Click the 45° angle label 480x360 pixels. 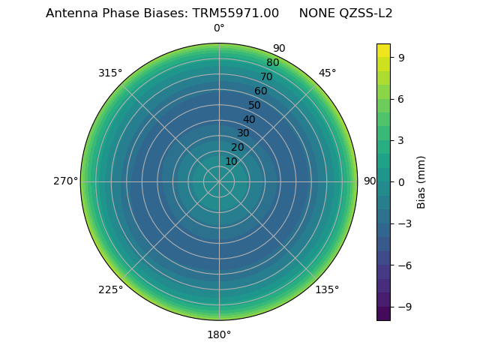tap(327, 73)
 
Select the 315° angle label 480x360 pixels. tap(110, 73)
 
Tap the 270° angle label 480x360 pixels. tap(66, 181)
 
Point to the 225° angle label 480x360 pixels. tap(110, 290)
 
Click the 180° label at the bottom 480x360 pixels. tap(219, 334)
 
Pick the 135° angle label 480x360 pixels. tap(327, 290)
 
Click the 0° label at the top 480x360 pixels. tap(219, 28)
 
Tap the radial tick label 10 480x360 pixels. tap(231, 161)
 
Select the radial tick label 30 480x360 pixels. tap(243, 133)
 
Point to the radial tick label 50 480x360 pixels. tap(255, 105)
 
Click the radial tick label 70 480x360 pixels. tap(266, 76)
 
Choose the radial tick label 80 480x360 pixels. tap(272, 63)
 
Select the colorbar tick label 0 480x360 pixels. tap(401, 181)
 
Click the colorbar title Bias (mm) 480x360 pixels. tap(421, 181)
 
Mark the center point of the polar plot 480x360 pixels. tap(219, 181)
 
